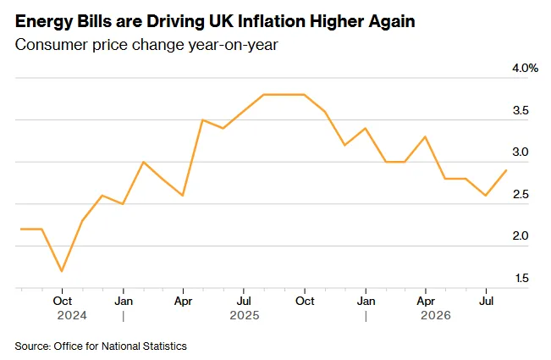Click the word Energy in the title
coord(43,22)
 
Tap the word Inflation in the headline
coord(272,21)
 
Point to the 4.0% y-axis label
coord(525,69)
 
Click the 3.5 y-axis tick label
coord(521,110)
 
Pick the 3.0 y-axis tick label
coord(521,152)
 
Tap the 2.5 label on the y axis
coord(521,194)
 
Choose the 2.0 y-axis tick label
coord(521,235)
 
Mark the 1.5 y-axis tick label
coord(522,278)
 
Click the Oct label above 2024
coord(62,301)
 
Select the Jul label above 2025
coord(244,301)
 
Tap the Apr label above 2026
coord(426,302)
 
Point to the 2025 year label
coord(245,315)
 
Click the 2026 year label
coord(436,315)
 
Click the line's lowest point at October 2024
coord(62,271)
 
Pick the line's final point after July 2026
coord(506,170)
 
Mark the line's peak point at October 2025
coord(304,95)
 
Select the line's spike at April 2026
coord(425,136)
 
